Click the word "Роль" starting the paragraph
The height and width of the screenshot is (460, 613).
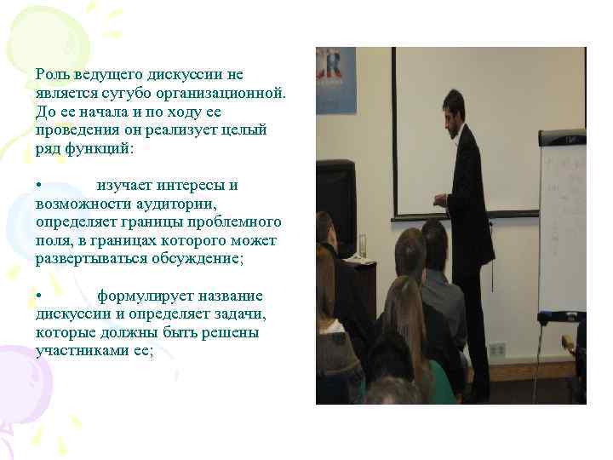pos(52,75)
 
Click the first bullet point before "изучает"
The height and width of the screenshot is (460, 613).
pos(39,185)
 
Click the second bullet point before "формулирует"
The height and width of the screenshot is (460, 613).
pos(39,296)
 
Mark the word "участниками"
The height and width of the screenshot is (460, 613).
pos(80,350)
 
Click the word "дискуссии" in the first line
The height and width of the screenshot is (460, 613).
pos(187,75)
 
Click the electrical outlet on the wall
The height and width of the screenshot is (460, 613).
pos(497,349)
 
